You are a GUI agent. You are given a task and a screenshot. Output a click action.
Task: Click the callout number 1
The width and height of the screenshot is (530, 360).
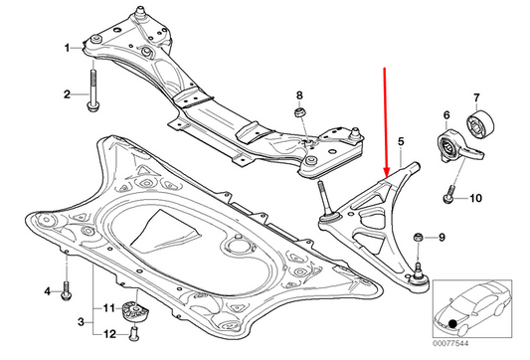67,48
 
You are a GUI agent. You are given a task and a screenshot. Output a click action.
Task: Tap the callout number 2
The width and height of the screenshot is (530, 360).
67,94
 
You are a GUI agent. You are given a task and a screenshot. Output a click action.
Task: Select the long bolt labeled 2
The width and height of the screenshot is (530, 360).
92,90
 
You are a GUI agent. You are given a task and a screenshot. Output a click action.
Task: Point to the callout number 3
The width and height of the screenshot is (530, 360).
81,322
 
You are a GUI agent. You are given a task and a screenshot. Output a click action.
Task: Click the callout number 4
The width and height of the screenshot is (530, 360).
48,290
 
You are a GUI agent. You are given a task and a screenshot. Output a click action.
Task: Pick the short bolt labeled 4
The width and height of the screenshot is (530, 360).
66,290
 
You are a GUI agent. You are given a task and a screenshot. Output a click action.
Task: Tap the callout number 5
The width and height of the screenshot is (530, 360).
401,141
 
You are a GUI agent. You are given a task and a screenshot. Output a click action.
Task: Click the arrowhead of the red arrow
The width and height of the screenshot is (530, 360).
387,173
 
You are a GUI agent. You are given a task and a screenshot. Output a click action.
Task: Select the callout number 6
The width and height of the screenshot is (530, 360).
446,115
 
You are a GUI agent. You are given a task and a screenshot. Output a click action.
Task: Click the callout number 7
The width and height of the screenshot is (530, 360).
476,97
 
